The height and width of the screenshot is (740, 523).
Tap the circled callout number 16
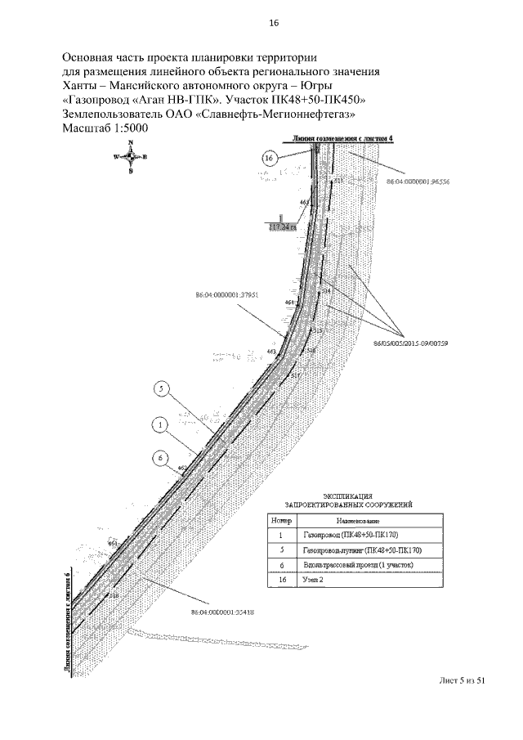[273, 158]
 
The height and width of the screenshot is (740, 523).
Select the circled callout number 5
[162, 390]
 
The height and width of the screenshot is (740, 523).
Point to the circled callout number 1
[161, 425]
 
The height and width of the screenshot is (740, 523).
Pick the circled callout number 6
[161, 459]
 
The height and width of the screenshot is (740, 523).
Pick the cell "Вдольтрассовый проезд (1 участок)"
[358, 565]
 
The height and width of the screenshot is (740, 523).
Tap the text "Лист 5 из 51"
[463, 680]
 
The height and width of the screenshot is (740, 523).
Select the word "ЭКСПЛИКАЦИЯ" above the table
[349, 496]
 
